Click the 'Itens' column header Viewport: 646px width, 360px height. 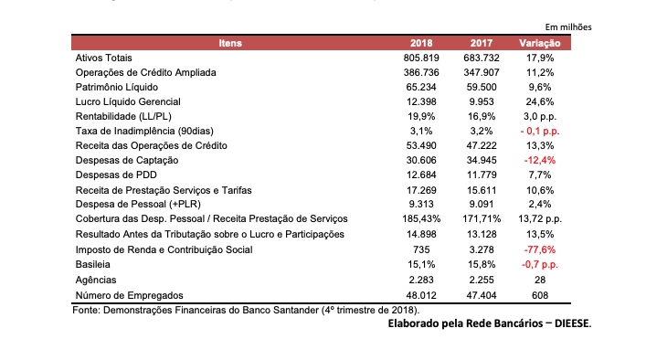coord(230,43)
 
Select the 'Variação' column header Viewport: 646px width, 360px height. coord(540,43)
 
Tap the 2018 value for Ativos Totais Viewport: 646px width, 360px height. coord(421,58)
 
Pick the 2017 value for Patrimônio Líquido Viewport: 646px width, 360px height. coord(482,87)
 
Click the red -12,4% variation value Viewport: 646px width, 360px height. coord(540,160)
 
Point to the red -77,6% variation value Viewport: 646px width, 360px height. coord(540,249)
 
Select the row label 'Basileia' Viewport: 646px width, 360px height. coord(92,264)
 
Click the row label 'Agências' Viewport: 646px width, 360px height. coord(96,281)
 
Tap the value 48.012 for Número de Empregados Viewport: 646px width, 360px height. coord(421,295)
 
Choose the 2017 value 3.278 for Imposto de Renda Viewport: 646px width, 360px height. coord(482,249)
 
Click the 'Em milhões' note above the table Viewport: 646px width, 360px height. coord(568,27)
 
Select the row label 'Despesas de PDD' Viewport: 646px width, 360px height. coord(116,175)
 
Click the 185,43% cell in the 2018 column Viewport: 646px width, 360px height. coord(421,218)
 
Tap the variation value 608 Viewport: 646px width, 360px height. coord(540,295)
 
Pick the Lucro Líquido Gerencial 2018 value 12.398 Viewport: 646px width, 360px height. coord(421,101)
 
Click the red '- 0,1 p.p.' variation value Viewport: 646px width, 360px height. coord(540,131)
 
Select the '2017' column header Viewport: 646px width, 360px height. coord(482,43)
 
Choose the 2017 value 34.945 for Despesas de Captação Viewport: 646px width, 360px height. coord(482,160)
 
